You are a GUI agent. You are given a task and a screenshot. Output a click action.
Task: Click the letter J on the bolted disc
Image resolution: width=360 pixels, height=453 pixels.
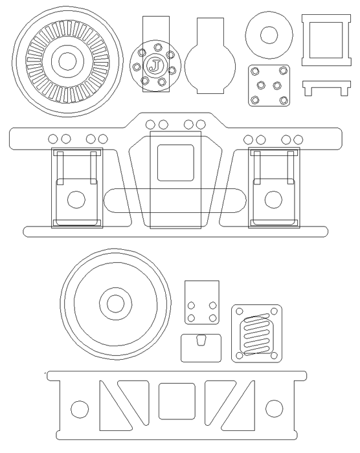click(155, 66)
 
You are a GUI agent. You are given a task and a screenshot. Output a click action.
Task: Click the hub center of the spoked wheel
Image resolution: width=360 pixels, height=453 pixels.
click(67, 61)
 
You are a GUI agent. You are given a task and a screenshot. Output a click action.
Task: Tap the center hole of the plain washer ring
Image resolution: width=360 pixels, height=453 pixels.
click(269, 35)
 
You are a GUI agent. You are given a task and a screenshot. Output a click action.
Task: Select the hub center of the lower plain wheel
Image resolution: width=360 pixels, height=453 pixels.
click(116, 304)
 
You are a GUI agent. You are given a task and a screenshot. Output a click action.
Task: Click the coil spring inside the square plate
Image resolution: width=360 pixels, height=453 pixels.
click(256, 335)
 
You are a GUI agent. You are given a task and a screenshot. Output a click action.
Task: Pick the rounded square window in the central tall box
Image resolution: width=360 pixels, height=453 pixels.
click(175, 162)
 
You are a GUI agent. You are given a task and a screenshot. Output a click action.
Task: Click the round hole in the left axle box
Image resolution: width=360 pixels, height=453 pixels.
click(76, 199)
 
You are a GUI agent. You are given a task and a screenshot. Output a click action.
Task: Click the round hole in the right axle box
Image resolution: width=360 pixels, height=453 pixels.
click(273, 199)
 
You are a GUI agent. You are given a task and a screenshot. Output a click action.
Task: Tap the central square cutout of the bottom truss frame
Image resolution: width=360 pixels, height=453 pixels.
click(177, 401)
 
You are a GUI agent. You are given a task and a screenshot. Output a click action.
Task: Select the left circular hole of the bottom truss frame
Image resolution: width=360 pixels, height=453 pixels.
click(80, 409)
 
